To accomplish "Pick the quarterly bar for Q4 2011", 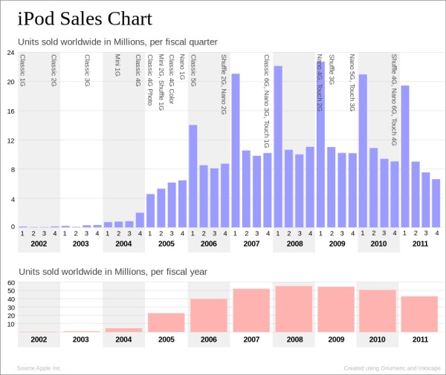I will pyautogui.click(x=436, y=203).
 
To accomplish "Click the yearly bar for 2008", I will pyautogui.click(x=294, y=309).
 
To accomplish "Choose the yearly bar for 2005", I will pyautogui.click(x=166, y=322).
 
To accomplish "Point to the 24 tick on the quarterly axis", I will pyautogui.click(x=10, y=53).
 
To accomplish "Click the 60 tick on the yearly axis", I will pyautogui.click(x=10, y=283).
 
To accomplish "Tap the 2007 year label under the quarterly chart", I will pyautogui.click(x=251, y=244).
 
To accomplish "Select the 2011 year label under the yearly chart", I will pyautogui.click(x=420, y=339).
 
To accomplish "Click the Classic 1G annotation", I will pyautogui.click(x=22, y=71).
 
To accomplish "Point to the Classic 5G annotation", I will pyautogui.click(x=193, y=71).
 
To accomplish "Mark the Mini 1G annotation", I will pyautogui.click(x=117, y=65).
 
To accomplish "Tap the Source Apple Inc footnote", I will pyautogui.click(x=39, y=368).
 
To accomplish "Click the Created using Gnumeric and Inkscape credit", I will pyautogui.click(x=392, y=368).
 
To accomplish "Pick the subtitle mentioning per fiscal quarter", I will pyautogui.click(x=117, y=42).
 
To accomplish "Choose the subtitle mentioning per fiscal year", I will pyautogui.click(x=113, y=272).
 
